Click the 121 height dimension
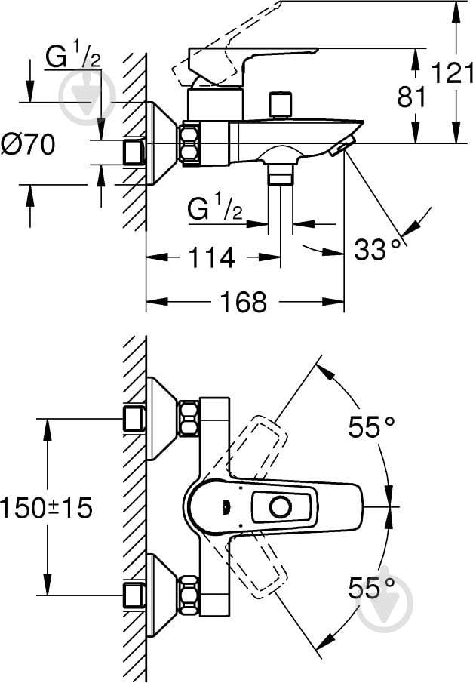point(452,73)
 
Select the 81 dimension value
point(412,97)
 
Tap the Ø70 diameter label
point(29,144)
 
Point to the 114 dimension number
point(212,257)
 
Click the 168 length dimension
point(243,301)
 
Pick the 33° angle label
point(377,249)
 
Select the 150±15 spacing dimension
point(47,507)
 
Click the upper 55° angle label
point(371,427)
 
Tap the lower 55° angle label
point(371,588)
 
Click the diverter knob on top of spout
point(280,105)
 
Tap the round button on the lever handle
point(280,507)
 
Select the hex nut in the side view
point(189,143)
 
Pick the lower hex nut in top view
point(189,595)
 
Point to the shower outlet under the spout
point(280,174)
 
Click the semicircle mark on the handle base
point(225,507)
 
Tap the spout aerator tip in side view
point(342,144)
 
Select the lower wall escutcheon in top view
point(161,595)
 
